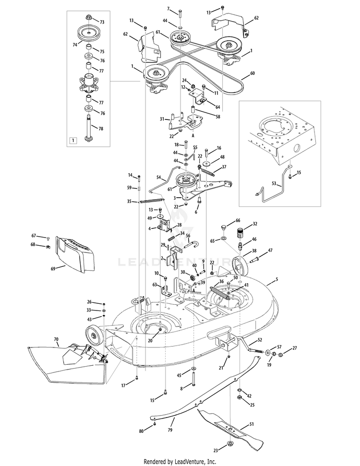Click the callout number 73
click(102, 22)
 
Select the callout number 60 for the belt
click(252, 75)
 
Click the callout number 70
click(56, 340)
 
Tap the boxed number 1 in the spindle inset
click(73, 141)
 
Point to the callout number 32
click(255, 224)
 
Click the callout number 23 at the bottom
click(216, 450)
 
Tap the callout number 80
click(141, 431)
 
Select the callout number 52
click(260, 339)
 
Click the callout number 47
click(270, 250)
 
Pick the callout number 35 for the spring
click(129, 202)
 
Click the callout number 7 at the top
click(168, 9)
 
